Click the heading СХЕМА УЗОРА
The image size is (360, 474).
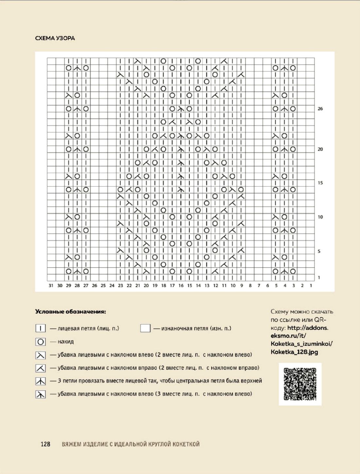[55, 38]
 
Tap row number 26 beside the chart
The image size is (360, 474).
[320, 109]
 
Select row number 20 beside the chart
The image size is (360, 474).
[320, 149]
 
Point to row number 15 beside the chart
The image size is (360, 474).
[320, 183]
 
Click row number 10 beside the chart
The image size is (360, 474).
[320, 217]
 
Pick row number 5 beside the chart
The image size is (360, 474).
[319, 251]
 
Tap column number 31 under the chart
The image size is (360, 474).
[51, 286]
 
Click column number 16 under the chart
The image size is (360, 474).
[181, 286]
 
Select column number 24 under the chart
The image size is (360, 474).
[112, 286]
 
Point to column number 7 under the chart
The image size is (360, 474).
[259, 286]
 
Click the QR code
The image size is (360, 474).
[300, 384]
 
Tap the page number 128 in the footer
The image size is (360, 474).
[45, 444]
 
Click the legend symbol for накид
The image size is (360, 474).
[41, 342]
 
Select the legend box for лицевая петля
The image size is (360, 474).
[41, 328]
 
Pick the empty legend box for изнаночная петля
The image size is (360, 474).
[145, 328]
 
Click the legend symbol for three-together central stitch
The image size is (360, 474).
[41, 381]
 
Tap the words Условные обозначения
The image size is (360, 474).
[71, 312]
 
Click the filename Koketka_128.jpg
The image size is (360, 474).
[294, 352]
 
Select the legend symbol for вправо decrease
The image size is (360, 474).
[41, 368]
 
